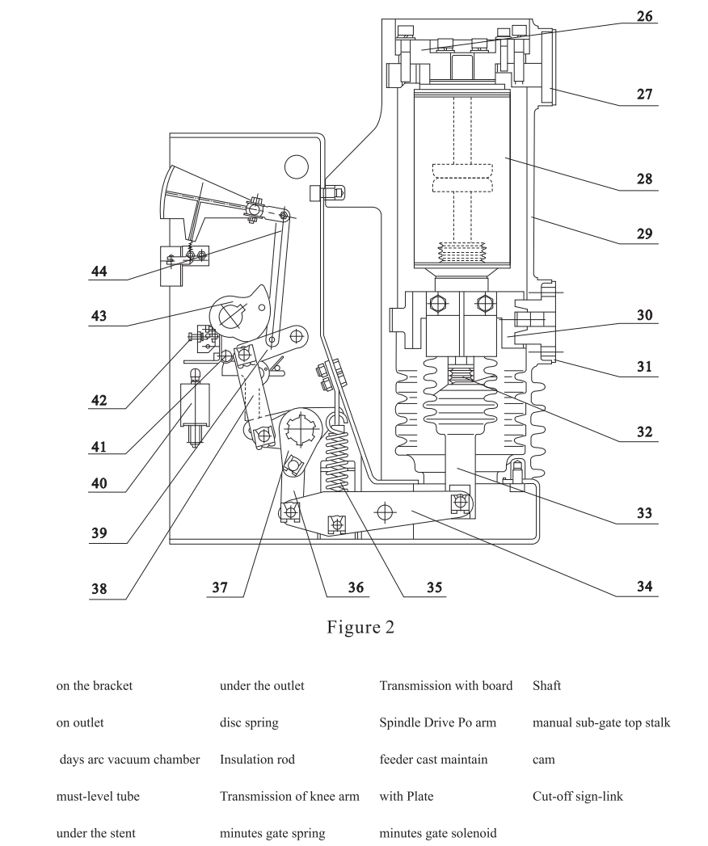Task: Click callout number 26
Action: pyautogui.click(x=646, y=15)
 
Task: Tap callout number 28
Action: pyautogui.click(x=646, y=179)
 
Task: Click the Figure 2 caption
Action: pyautogui.click(x=360, y=628)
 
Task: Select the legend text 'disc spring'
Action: pyautogui.click(x=249, y=723)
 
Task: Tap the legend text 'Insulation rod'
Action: pyautogui.click(x=257, y=760)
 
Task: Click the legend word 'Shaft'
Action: pyautogui.click(x=546, y=686)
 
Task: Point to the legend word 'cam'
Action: pyautogui.click(x=543, y=760)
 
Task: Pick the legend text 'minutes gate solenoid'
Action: pyautogui.click(x=437, y=833)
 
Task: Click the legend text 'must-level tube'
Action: pyautogui.click(x=97, y=797)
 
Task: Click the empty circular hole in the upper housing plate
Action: pyautogui.click(x=297, y=166)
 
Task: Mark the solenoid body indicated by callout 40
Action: pyautogui.click(x=195, y=403)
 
